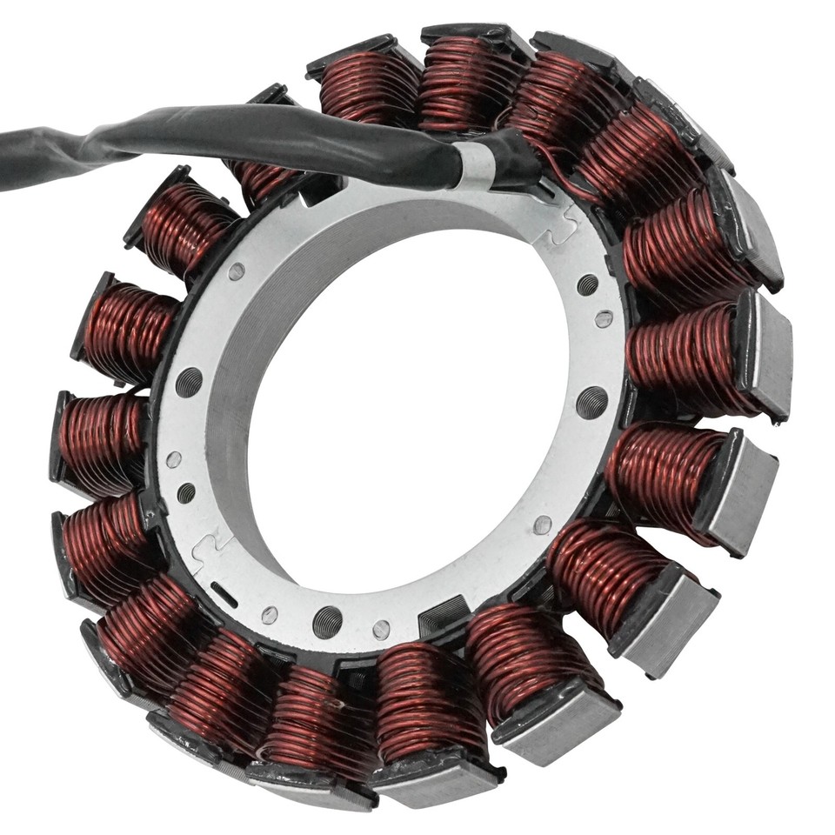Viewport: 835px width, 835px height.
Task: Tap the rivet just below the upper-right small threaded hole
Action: pyautogui.click(x=604, y=318)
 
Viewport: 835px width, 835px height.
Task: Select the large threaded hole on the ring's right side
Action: pyautogui.click(x=592, y=402)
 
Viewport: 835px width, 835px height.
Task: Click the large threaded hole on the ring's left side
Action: pyautogui.click(x=189, y=381)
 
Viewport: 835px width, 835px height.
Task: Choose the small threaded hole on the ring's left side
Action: pyautogui.click(x=186, y=493)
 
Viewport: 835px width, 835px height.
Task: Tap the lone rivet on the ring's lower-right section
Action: pyautogui.click(x=543, y=524)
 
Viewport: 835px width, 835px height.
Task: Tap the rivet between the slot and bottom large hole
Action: pyautogui.click(x=270, y=615)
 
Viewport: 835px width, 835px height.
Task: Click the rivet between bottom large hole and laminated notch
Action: pyautogui.click(x=381, y=629)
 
